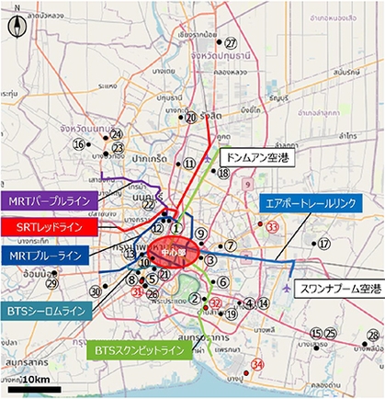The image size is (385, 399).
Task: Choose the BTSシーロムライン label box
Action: coord(45,312)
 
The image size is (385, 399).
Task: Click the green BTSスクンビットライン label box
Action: coord(142,350)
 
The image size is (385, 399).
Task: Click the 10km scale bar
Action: coord(35,389)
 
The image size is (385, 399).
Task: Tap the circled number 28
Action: coord(372,335)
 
